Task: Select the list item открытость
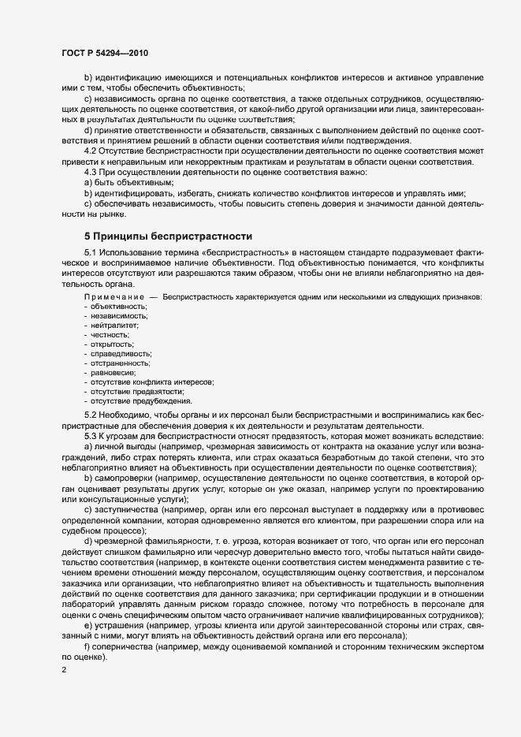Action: [x=113, y=344]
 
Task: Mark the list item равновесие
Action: [x=114, y=373]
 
